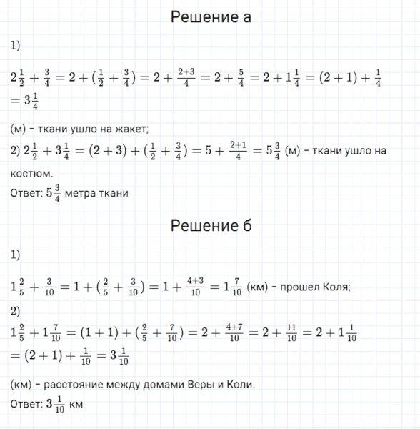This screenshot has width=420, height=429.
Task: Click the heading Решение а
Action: point(211,16)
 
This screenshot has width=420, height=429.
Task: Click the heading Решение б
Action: point(211,226)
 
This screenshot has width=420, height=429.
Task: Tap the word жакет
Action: point(130,129)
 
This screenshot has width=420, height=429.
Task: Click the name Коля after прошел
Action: point(336,287)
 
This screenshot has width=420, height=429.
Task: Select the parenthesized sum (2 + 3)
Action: point(106,150)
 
